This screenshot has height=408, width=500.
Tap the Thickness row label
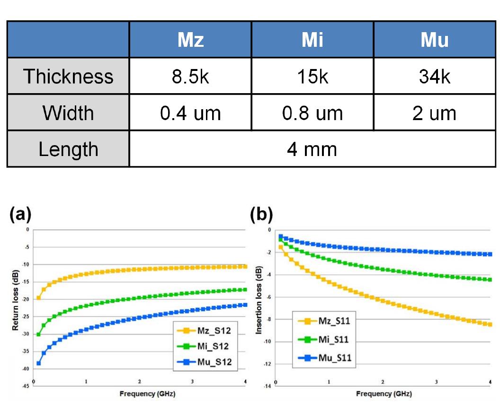pyautogui.click(x=68, y=77)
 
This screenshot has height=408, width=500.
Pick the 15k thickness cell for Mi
pyautogui.click(x=312, y=77)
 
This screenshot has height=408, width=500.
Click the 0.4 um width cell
pyautogui.click(x=190, y=113)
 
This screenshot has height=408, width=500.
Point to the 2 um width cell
pyautogui.click(x=434, y=113)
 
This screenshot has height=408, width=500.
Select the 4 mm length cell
pyautogui.click(x=312, y=149)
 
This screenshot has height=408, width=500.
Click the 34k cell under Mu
pyautogui.click(x=434, y=77)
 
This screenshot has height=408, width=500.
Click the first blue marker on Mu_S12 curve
pyautogui.click(x=38, y=363)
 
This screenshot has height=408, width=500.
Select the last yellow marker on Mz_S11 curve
pyautogui.click(x=489, y=324)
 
